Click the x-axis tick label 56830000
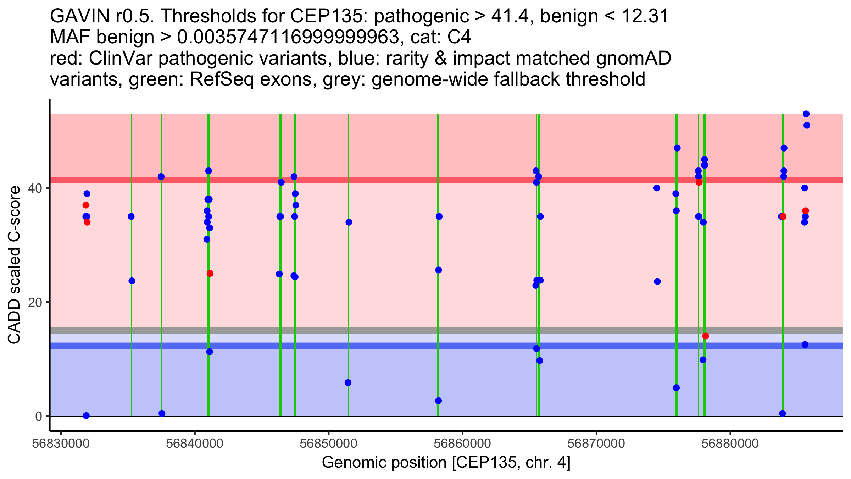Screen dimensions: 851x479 coord(61,444)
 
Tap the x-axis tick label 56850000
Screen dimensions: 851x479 coord(328,444)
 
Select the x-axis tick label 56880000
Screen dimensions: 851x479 coord(730,444)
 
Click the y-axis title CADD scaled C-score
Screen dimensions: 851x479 coord(14,265)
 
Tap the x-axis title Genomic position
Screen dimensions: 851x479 coord(384,463)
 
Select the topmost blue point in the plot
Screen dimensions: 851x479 coord(806,114)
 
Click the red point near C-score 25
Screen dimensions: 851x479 coord(210,274)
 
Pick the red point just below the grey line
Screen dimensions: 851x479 coord(706,336)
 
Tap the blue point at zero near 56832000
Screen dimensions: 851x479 coord(86,415)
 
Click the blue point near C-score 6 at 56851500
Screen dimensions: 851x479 coord(348,382)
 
